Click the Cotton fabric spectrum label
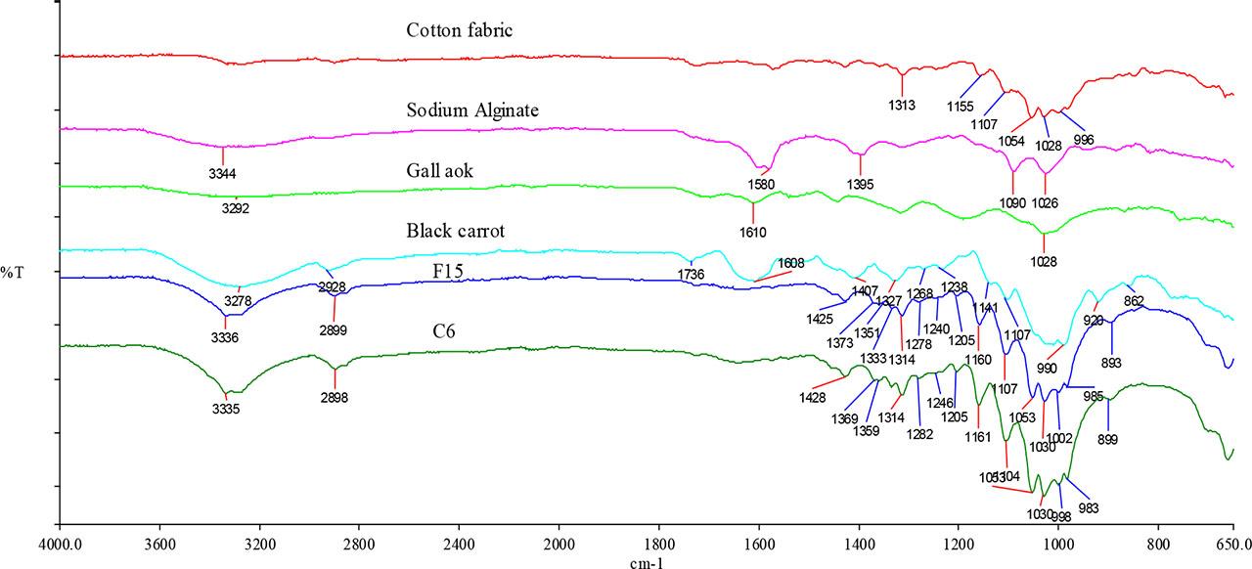[x=460, y=31]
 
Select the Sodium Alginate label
[x=472, y=109]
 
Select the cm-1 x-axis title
[x=648, y=561]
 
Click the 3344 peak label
[x=224, y=174]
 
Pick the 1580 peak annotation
[x=762, y=183]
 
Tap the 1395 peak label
[x=860, y=183]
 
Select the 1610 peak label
[x=753, y=233]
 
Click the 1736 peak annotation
[x=692, y=275]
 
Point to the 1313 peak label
[x=902, y=105]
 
